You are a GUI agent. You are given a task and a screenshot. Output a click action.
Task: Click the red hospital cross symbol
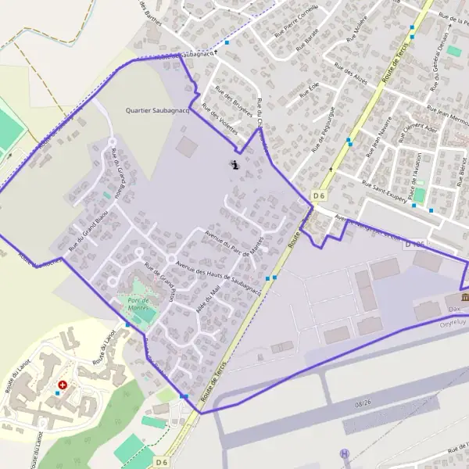(x=63, y=385)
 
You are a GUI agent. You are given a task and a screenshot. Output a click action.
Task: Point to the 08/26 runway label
(x=363, y=404)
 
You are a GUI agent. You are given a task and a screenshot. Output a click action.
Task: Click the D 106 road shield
(x=415, y=245)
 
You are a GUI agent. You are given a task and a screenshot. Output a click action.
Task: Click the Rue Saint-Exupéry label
(x=385, y=192)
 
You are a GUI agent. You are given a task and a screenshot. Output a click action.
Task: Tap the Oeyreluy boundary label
(x=453, y=320)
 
